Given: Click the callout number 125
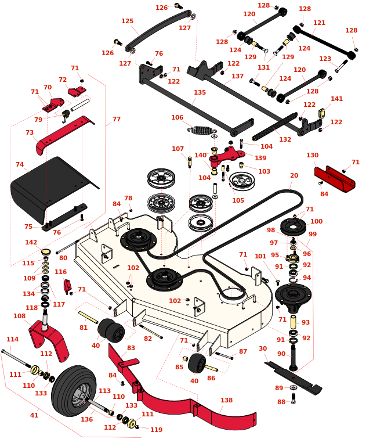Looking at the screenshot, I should (x=128, y=21).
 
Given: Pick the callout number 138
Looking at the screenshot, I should (x=226, y=400).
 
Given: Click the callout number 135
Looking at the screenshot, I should (x=200, y=92).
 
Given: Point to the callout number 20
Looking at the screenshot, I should (x=294, y=175).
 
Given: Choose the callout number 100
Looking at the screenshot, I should (x=316, y=221).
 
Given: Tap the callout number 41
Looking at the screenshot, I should (x=34, y=415).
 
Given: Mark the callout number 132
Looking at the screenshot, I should (x=285, y=139).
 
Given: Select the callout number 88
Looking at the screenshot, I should (x=281, y=402).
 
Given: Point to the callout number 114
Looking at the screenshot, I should (x=12, y=339).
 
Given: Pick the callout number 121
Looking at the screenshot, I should (x=319, y=23).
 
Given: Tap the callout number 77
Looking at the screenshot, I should (x=117, y=119).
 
